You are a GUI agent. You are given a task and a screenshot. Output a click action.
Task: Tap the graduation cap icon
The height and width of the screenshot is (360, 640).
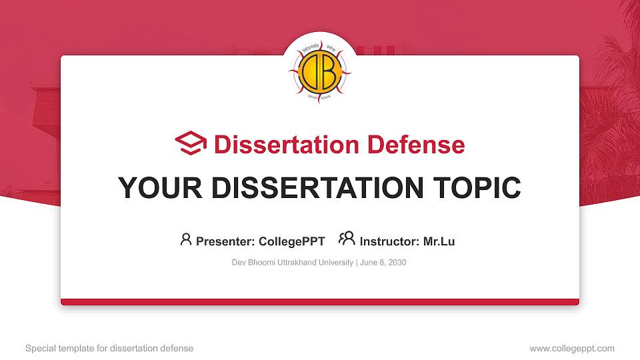(191, 144)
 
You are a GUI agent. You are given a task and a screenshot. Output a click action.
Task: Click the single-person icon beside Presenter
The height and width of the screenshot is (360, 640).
(186, 239)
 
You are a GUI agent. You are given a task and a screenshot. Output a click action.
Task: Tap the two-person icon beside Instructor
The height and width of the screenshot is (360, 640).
(347, 239)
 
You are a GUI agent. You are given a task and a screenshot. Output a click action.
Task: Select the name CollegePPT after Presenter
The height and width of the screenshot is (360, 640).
(291, 241)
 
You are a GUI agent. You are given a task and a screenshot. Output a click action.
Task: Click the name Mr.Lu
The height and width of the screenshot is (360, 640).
(439, 241)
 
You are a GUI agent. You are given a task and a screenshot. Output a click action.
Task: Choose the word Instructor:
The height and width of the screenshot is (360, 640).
(389, 241)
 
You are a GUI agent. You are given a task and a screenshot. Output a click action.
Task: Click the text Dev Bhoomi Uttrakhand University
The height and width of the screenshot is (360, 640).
(292, 263)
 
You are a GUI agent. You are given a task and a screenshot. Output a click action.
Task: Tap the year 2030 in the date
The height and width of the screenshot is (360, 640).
(397, 263)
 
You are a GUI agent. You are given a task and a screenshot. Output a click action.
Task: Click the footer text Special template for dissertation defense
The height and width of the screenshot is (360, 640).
(109, 348)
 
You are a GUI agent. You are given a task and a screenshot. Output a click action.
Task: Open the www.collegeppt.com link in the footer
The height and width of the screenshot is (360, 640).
(572, 348)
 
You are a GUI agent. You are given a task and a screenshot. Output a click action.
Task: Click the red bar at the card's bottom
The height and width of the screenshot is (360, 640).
(320, 302)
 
